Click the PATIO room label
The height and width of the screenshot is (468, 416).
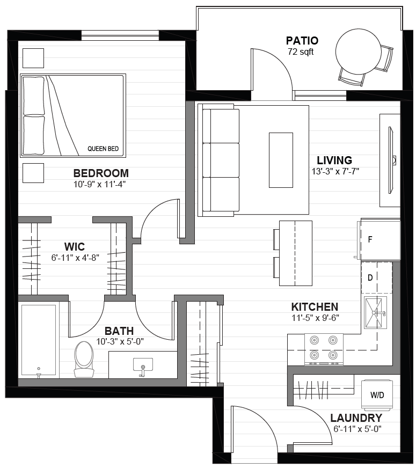point(302,41)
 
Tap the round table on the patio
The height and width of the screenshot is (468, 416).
point(358,52)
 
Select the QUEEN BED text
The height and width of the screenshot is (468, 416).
point(103,149)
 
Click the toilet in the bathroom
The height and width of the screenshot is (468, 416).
point(84,360)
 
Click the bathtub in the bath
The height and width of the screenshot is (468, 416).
point(39,340)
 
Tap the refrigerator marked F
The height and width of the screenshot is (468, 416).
point(380,239)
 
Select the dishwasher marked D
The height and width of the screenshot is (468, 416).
point(377,277)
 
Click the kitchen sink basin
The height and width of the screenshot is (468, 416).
point(375,312)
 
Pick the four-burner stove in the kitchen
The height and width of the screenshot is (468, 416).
point(324,349)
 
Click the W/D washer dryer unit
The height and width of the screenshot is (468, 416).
point(377,394)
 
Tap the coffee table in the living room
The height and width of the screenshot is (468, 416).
point(281,160)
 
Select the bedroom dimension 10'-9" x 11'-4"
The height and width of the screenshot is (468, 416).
point(99,185)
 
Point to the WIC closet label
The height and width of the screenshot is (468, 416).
point(75,247)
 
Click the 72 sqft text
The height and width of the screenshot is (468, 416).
point(301,52)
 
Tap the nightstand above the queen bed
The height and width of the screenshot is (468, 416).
point(33,58)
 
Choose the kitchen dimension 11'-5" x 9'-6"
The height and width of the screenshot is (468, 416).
point(315,318)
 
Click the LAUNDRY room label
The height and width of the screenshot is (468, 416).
point(356,418)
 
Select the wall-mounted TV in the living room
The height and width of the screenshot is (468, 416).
point(391,160)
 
